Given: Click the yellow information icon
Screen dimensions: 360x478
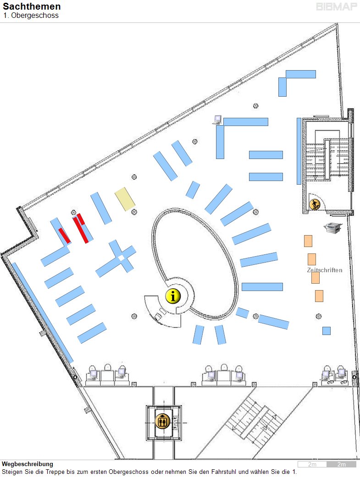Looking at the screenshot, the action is pyautogui.click(x=173, y=296).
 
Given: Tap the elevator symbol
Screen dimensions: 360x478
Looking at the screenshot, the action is pyautogui.click(x=163, y=421).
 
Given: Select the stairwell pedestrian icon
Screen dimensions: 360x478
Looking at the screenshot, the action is pyautogui.click(x=315, y=204).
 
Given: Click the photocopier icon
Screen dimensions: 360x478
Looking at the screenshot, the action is pyautogui.click(x=332, y=227).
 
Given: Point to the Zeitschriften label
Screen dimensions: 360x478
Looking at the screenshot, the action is pyautogui.click(x=325, y=270).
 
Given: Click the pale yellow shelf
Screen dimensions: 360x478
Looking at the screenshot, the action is pyautogui.click(x=125, y=199).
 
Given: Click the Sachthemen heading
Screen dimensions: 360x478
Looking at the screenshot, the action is pyautogui.click(x=32, y=6).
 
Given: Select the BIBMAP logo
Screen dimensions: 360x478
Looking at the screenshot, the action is pyautogui.click(x=337, y=7).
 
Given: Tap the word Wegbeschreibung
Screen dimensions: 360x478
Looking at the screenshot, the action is pyautogui.click(x=28, y=464).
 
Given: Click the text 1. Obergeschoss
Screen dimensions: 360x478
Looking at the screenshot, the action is pyautogui.click(x=31, y=16).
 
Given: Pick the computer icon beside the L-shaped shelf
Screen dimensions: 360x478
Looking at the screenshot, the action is pyautogui.click(x=217, y=120).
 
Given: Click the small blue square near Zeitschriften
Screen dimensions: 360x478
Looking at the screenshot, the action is pyautogui.click(x=327, y=331).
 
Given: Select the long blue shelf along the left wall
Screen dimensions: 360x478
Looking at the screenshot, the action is pyautogui.click(x=43, y=313).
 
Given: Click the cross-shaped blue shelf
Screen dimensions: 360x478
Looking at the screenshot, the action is pyautogui.click(x=116, y=258).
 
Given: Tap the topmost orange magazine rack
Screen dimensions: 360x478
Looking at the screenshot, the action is pyautogui.click(x=308, y=241).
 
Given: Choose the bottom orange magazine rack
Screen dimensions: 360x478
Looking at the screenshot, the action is pyautogui.click(x=319, y=296).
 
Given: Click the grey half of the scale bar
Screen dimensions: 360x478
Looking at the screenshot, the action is pyautogui.click(x=341, y=464).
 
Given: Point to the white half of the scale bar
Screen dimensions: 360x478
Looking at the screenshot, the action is pyautogui.click(x=312, y=464).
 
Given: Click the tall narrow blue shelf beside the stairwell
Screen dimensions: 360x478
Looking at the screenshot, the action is pyautogui.click(x=299, y=151).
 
